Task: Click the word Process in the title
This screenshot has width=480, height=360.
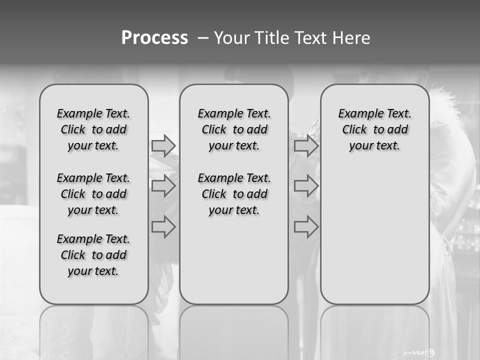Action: coord(154,38)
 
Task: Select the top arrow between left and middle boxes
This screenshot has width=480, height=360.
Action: coord(163,145)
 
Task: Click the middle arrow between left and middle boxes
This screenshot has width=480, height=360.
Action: coord(163,186)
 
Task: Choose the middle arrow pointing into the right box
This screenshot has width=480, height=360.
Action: coord(306,186)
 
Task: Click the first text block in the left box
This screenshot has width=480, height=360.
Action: coord(93,129)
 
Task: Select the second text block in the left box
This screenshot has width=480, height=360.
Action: coord(93,194)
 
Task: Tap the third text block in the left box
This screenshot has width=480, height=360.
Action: coord(93,255)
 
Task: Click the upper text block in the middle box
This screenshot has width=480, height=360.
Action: coord(234,129)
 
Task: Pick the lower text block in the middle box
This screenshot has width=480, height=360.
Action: coord(234,194)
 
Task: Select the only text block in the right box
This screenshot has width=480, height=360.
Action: coord(375,129)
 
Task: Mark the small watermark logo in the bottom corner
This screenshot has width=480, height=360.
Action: coord(429,352)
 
